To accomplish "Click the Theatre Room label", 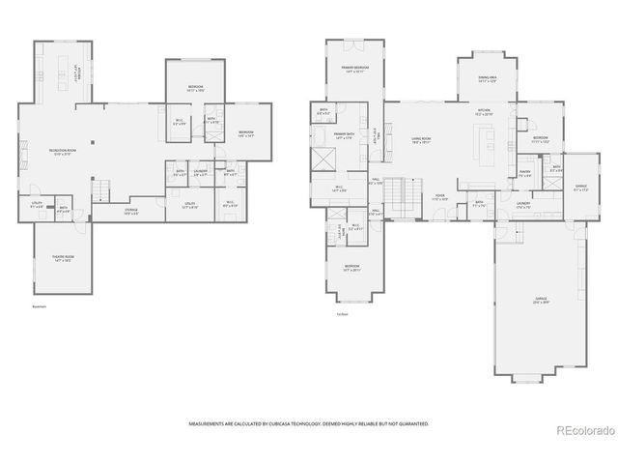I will [63, 259].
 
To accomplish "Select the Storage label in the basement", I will [130, 210].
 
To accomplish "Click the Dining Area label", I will [487, 79].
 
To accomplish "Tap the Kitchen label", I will [484, 113].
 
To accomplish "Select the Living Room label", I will [420, 140].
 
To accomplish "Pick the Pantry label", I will [526, 174].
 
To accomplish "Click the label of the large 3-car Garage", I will [541, 301].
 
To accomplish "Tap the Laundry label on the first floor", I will [522, 204].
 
